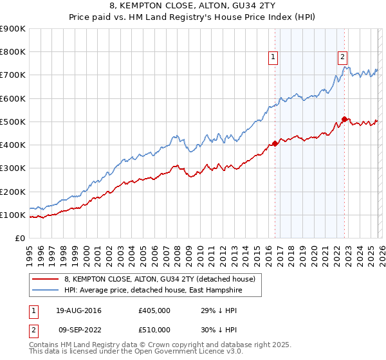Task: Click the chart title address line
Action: (x=193, y=6)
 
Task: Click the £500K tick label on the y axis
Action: (x=13, y=122)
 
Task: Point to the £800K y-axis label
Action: (x=13, y=52)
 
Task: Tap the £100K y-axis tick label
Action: (x=13, y=215)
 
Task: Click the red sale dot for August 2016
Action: (x=275, y=143)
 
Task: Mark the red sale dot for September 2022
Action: (x=344, y=119)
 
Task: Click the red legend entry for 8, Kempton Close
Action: (x=160, y=279)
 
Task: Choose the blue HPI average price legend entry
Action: (x=162, y=291)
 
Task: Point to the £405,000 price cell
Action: (x=154, y=310)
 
